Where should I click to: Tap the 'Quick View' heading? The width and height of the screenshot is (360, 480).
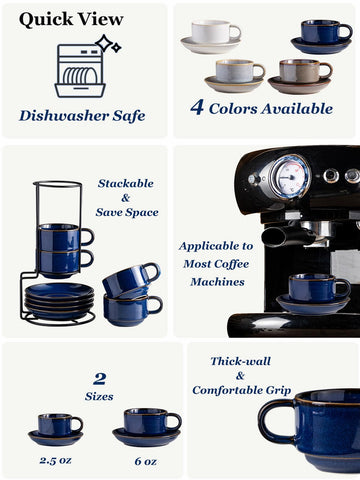click(x=71, y=19)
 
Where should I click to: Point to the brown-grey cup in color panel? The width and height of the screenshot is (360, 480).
click(x=300, y=71)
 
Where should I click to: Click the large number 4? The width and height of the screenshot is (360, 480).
click(x=197, y=106)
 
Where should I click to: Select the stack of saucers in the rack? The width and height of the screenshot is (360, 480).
click(x=59, y=299)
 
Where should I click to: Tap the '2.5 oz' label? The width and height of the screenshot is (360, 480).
click(x=56, y=461)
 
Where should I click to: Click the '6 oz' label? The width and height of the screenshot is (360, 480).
click(x=145, y=461)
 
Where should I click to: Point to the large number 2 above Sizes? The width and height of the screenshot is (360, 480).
click(x=99, y=378)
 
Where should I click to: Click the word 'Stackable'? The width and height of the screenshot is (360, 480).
click(x=126, y=184)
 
